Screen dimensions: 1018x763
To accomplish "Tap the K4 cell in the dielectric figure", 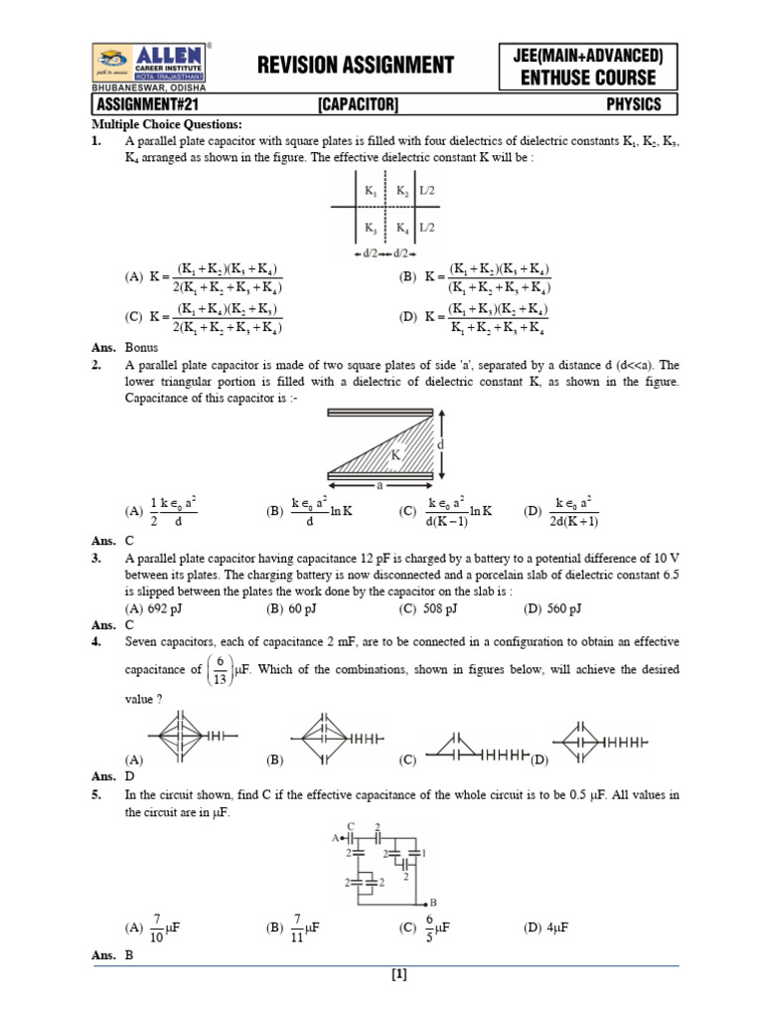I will pos(402,227).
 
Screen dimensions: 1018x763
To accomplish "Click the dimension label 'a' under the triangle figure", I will pos(380,488).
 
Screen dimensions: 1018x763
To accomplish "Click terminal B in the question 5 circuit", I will pos(433,903).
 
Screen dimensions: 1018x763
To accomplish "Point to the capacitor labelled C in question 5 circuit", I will pos(351,838).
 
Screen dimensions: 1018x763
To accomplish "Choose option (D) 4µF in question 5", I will pos(546,928).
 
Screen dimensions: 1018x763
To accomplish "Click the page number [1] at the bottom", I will pos(400,975).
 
